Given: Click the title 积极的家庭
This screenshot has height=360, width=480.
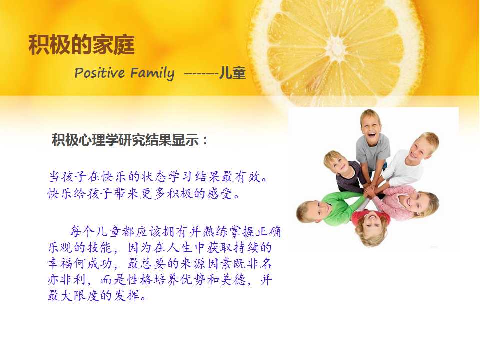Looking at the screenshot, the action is (x=81, y=45).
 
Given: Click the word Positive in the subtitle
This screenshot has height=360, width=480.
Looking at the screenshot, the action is (x=100, y=73).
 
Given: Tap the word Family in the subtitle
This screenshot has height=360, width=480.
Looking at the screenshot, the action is (x=152, y=74).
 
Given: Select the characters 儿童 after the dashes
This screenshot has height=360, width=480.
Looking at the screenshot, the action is (x=232, y=73).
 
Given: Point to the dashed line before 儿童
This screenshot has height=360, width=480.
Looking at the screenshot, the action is (x=201, y=74).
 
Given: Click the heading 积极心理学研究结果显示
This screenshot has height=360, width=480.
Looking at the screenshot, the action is (x=126, y=140).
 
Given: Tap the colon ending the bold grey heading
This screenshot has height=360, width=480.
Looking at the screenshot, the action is (x=205, y=141).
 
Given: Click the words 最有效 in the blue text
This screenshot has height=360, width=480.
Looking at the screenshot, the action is (x=241, y=176).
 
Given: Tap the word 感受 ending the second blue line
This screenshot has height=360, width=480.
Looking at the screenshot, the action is (x=220, y=193).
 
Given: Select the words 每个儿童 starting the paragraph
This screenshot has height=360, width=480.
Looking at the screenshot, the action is (x=95, y=231).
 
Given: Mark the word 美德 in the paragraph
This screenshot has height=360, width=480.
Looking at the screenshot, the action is (x=233, y=280).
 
